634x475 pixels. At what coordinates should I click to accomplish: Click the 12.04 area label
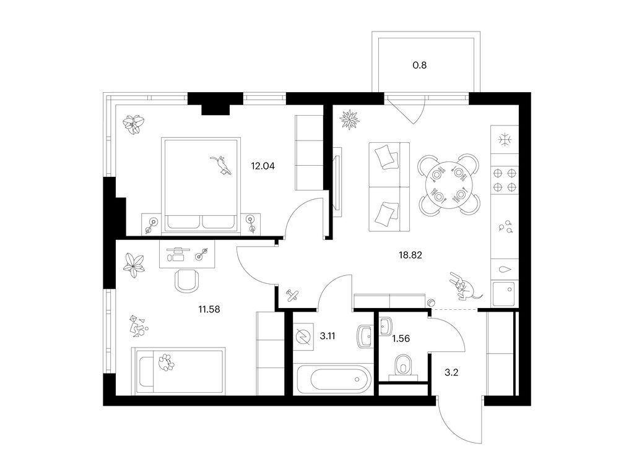tap(263, 166)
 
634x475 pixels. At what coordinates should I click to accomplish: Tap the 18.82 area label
tap(410, 255)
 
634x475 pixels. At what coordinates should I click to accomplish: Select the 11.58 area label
tap(209, 310)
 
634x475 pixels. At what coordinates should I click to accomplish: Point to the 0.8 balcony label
tap(420, 65)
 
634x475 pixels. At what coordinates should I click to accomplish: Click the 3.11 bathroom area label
tap(328, 336)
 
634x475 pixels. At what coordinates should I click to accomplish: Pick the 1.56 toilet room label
tap(401, 338)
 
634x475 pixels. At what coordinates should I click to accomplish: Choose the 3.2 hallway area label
tap(451, 372)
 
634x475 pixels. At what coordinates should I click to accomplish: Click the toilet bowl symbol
tap(402, 366)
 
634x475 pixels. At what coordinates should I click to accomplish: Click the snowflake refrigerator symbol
tap(505, 140)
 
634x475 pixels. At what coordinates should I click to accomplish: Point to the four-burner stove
tap(505, 180)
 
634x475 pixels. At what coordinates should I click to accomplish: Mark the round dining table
tap(449, 184)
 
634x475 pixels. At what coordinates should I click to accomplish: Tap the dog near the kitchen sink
tap(464, 286)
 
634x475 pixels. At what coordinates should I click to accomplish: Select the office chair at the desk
tap(187, 280)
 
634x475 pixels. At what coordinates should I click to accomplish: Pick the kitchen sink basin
tap(504, 294)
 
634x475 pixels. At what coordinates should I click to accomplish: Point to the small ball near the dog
tap(432, 302)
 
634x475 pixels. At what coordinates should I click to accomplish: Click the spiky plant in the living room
tap(349, 119)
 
